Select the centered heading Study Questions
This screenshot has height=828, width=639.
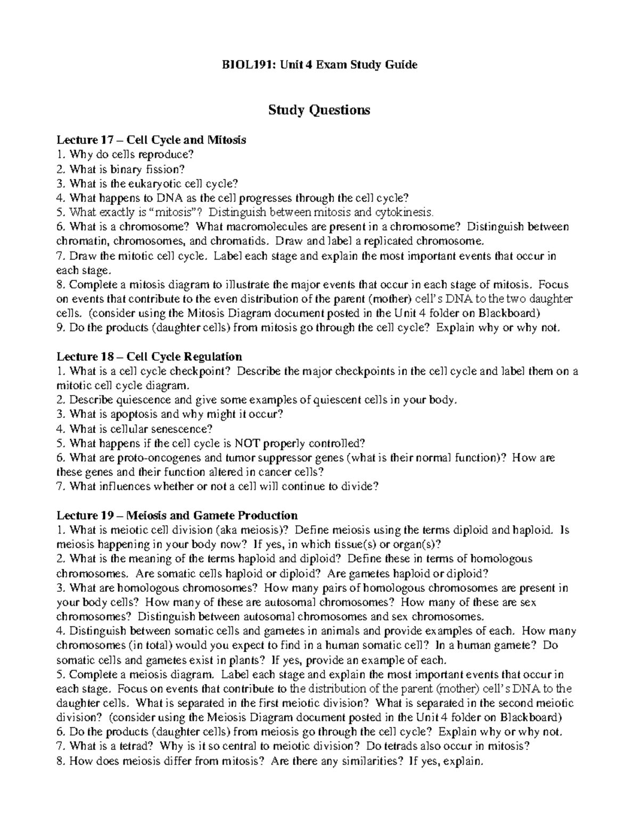point(319,110)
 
